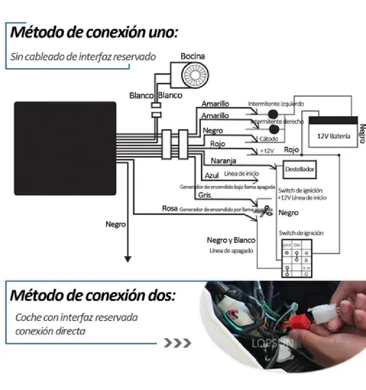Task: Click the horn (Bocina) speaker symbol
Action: pyautogui.click(x=195, y=75)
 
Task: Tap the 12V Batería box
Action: pyautogui.click(x=333, y=136)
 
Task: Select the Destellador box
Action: pyautogui.click(x=299, y=169)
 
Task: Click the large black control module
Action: pyautogui.click(x=65, y=148)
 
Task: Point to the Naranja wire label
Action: pyautogui.click(x=223, y=161)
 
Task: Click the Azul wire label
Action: pyautogui.click(x=211, y=175)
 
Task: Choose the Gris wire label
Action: pyautogui.click(x=204, y=195)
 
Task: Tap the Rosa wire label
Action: pyautogui.click(x=169, y=209)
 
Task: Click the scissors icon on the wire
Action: pyautogui.click(x=267, y=210)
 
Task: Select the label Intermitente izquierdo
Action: pyautogui.click(x=276, y=104)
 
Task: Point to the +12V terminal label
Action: pyautogui.click(x=267, y=151)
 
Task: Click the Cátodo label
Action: pyautogui.click(x=269, y=139)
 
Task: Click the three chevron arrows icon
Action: pyautogui.click(x=177, y=343)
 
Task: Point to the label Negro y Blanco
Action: pyautogui.click(x=231, y=240)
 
